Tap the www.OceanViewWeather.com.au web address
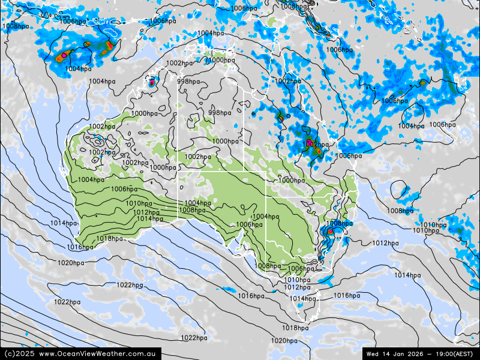(x=99, y=354)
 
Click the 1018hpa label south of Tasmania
(x=295, y=328)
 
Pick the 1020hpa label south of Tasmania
(x=283, y=341)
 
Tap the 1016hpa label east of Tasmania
(x=346, y=296)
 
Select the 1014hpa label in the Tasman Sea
(x=407, y=275)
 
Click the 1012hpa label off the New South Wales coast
(x=385, y=243)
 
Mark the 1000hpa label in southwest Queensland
(x=292, y=181)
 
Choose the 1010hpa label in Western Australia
(x=139, y=204)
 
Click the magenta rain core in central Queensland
(x=308, y=143)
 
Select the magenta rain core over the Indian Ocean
(x=64, y=56)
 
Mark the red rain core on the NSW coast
(x=330, y=231)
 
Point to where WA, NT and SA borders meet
(x=178, y=172)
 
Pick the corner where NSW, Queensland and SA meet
(x=266, y=196)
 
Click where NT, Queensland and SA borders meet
(x=243, y=172)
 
